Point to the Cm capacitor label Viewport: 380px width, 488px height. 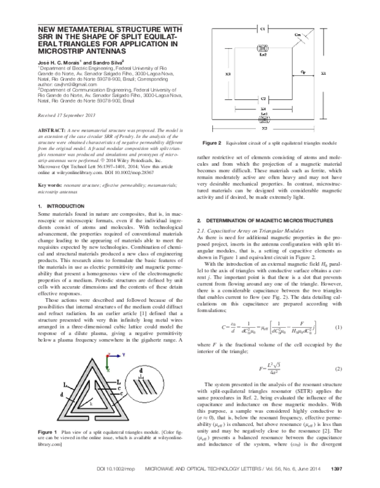point(298,34)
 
